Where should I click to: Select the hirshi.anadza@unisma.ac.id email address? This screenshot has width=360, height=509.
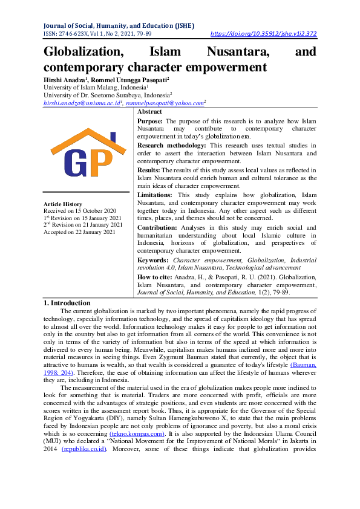coord(74,103)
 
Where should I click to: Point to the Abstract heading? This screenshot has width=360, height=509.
coord(149,112)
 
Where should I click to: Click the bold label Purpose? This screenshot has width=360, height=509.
coord(151,122)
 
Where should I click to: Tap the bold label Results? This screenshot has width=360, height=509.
coord(149,170)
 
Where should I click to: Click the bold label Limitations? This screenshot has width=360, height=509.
coord(155,195)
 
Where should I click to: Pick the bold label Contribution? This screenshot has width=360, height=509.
coord(157,227)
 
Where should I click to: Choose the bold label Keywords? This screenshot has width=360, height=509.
coord(153,259)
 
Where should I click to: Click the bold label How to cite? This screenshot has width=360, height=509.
coord(155,276)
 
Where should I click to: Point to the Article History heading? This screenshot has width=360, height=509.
coord(64,204)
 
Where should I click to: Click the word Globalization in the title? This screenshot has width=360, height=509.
coord(83,52)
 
